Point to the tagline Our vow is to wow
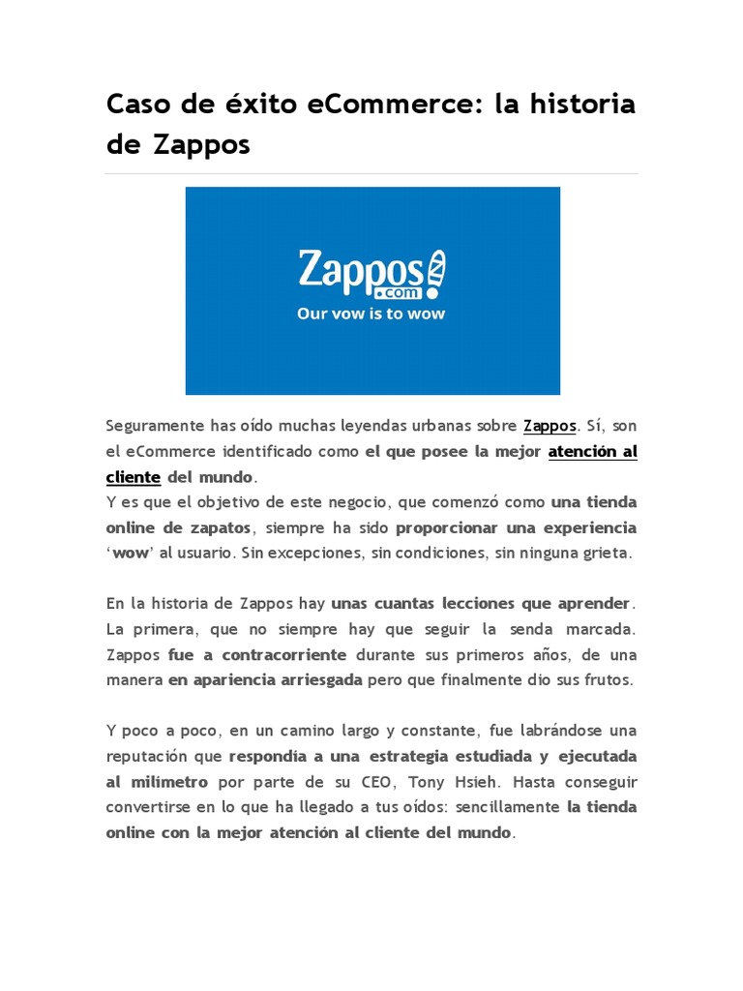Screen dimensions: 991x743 (372, 314)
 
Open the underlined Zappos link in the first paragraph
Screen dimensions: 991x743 (550, 426)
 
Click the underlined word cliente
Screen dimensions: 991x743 (133, 477)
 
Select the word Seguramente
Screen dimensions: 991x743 (156, 426)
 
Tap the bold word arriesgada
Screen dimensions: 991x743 (315, 680)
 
